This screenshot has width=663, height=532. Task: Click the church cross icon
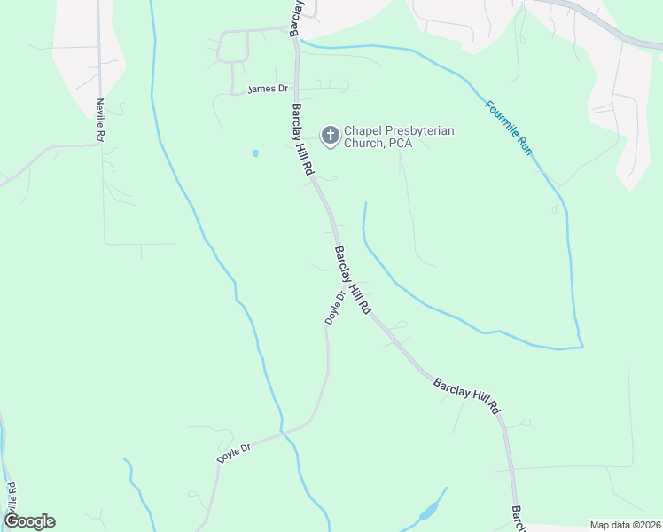[330, 136]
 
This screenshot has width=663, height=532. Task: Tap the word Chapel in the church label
[363, 131]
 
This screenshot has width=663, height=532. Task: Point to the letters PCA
[400, 144]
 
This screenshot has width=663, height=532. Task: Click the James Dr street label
[269, 89]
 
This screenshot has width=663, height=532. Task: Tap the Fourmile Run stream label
[508, 129]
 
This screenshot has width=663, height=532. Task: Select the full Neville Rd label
[101, 120]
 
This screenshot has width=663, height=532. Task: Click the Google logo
[29, 521]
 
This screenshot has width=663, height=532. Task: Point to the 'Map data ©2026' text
[625, 525]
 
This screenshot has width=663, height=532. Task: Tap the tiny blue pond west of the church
[255, 153]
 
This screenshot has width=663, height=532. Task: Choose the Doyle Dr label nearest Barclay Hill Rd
[334, 308]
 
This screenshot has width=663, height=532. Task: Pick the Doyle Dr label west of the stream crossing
[235, 452]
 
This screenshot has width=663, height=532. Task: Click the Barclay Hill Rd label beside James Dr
[301, 137]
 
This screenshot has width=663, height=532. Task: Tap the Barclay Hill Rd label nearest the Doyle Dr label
[352, 280]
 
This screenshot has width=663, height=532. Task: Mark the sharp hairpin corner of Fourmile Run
[581, 345]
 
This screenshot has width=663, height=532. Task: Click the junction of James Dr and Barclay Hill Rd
[296, 90]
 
